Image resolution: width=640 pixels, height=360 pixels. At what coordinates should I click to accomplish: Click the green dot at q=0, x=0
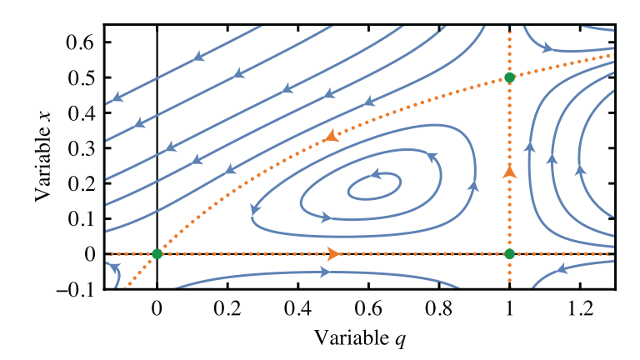coord(157,253)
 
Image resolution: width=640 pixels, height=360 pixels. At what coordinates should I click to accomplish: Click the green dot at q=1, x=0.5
coord(510,77)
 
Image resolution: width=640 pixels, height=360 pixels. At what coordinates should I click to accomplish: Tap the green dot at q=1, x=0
coord(510,253)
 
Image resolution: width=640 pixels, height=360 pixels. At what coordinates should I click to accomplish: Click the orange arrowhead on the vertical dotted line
coord(510,172)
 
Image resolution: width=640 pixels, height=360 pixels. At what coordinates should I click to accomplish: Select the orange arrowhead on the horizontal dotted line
coord(333,253)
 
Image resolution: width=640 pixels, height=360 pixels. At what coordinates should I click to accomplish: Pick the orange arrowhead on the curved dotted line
coord(331,135)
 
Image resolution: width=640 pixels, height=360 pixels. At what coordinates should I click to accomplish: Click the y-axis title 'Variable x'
coord(42,158)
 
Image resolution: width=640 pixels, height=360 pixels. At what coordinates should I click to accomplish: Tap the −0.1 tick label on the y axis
coord(75,289)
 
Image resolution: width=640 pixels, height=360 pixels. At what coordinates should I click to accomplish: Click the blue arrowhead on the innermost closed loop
coord(375,175)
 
